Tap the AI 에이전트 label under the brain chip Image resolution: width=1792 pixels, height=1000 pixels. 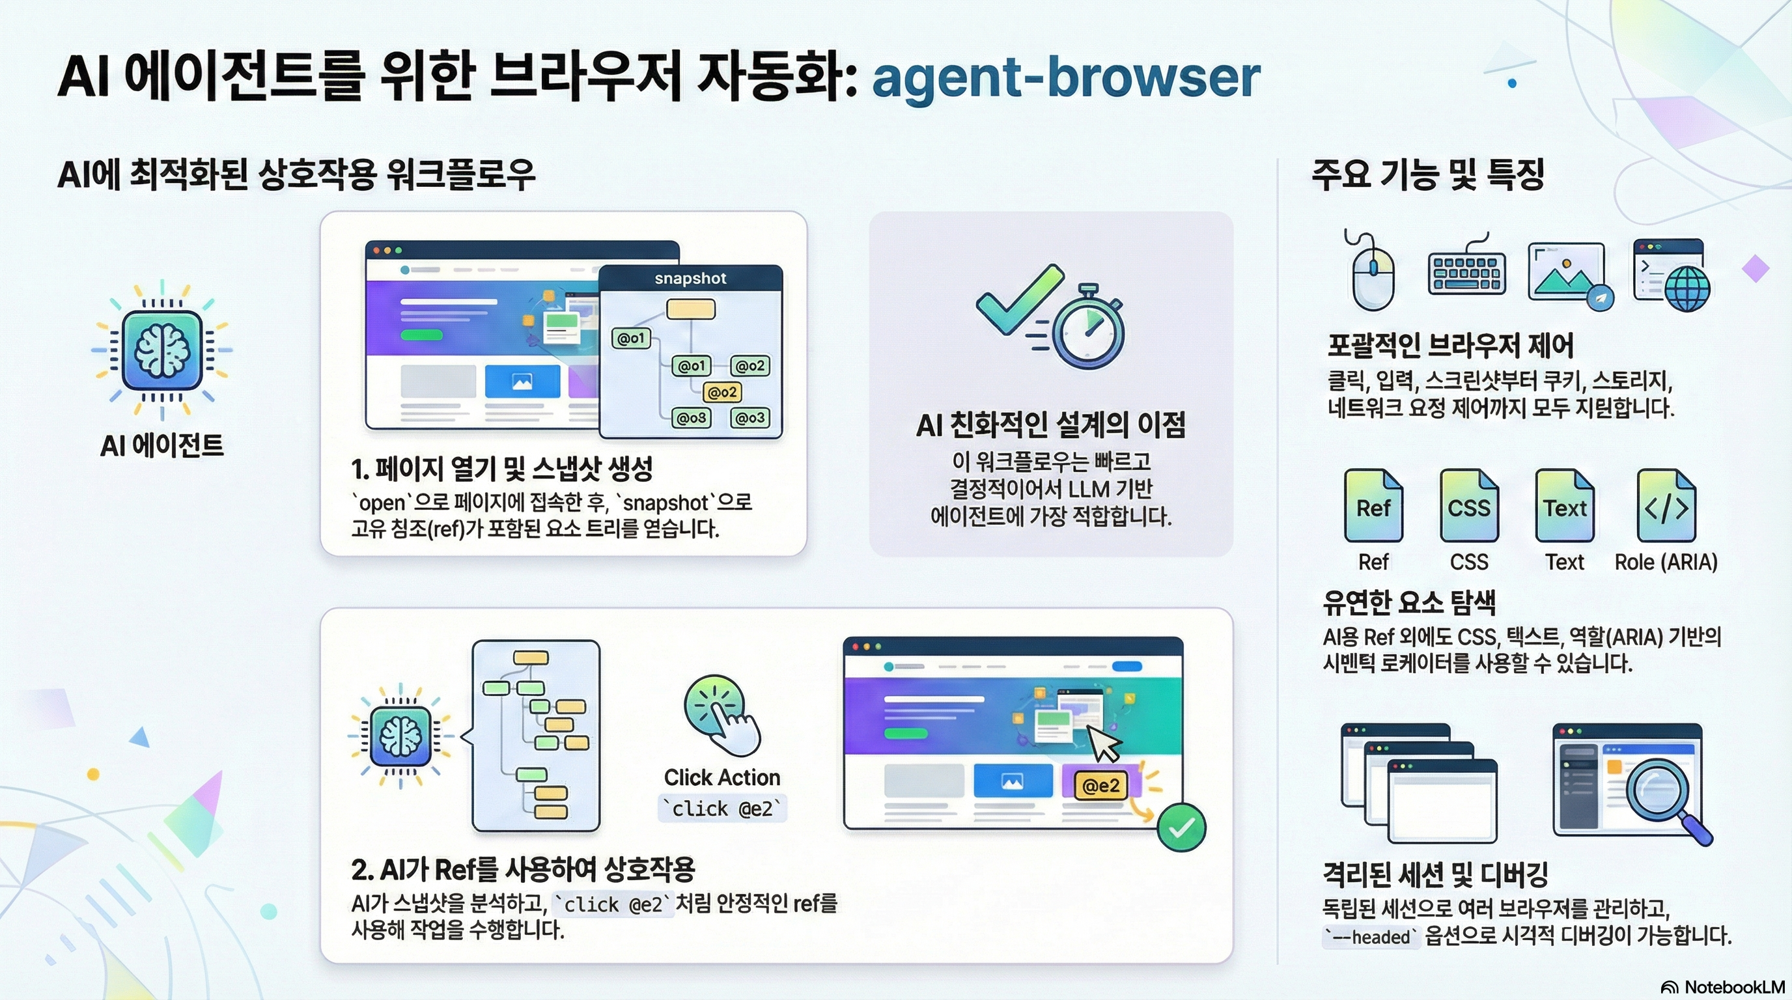(x=162, y=445)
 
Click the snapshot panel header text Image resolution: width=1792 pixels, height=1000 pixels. (x=690, y=278)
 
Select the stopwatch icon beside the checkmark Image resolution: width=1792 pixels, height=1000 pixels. (x=1087, y=326)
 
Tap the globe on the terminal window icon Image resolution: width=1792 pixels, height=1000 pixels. (x=1687, y=288)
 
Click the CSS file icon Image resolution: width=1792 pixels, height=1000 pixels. (x=1468, y=506)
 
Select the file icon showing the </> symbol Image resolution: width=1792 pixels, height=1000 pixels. (x=1666, y=506)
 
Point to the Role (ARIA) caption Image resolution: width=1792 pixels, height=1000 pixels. (x=1666, y=562)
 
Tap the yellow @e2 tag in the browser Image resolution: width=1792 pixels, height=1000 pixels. (x=1100, y=786)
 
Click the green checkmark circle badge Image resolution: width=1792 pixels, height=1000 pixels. (x=1181, y=827)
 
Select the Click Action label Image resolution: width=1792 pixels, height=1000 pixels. (x=722, y=777)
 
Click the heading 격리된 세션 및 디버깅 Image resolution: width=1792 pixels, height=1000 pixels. (x=1435, y=874)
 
